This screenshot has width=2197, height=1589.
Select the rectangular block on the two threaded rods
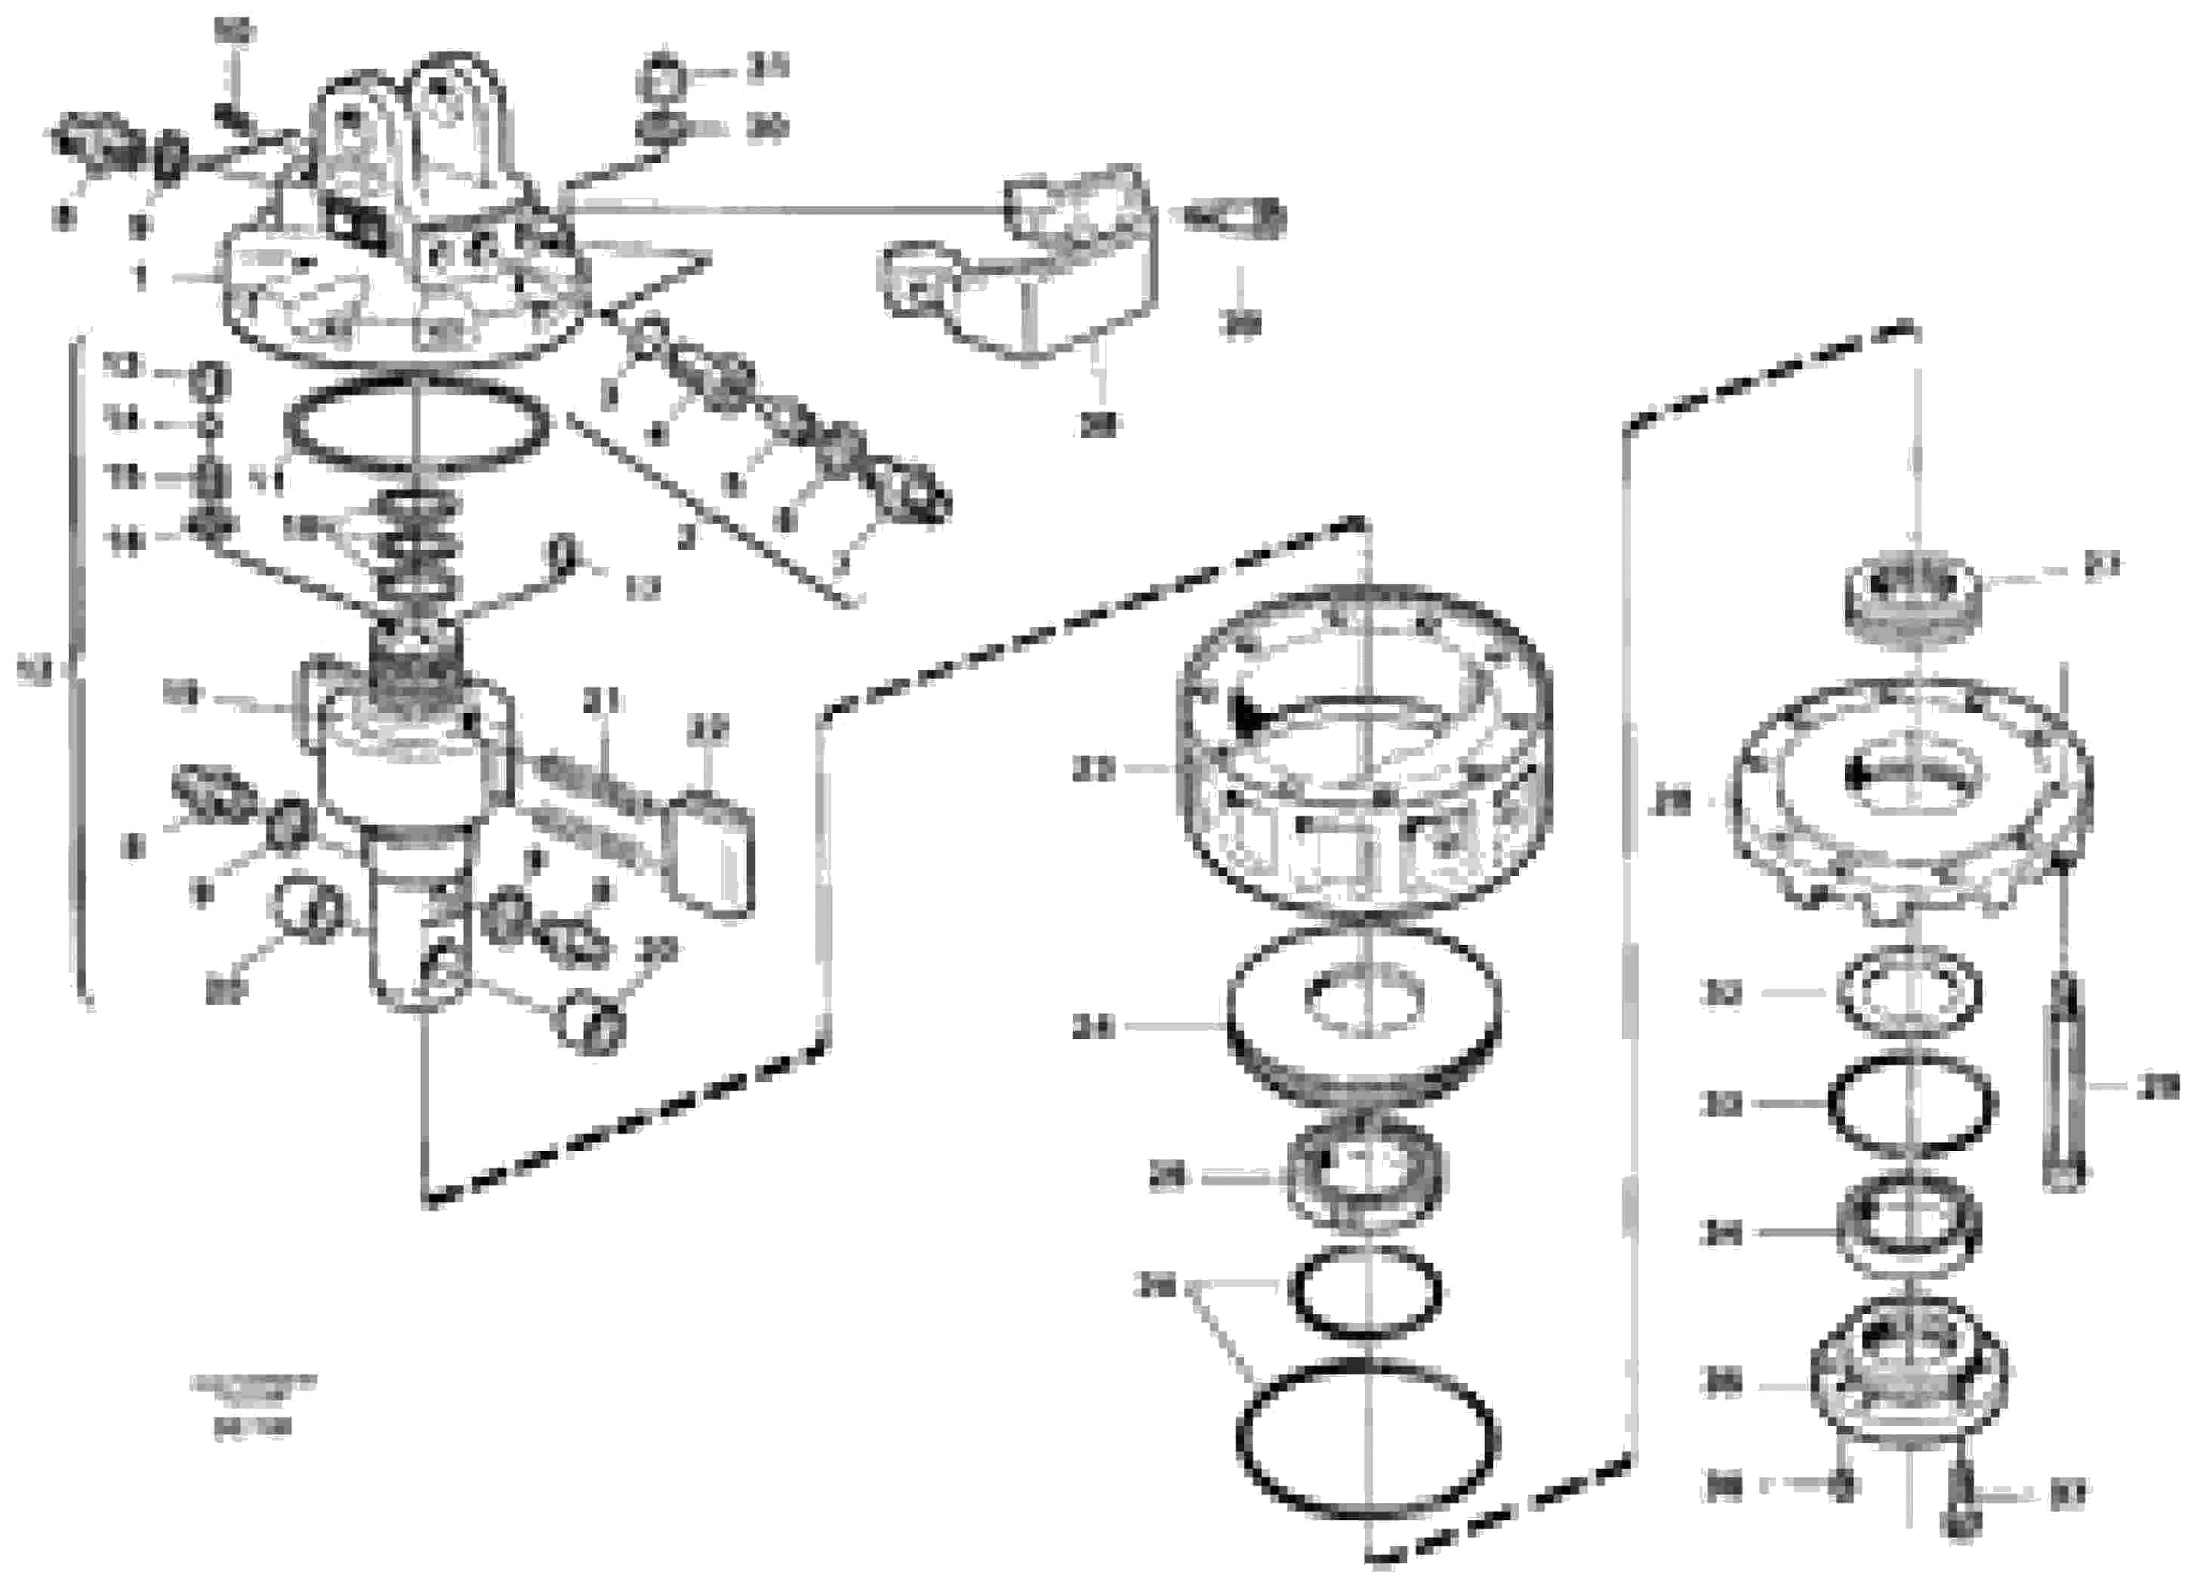[715, 853]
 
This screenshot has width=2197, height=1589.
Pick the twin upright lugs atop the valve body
[407, 136]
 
